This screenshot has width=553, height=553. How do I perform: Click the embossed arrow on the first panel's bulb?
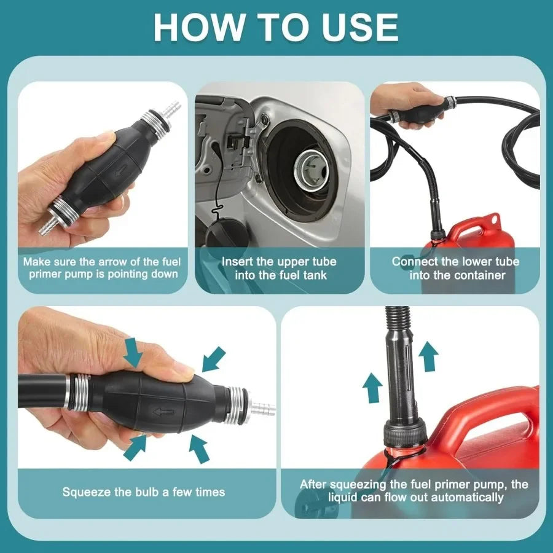click(x=120, y=173)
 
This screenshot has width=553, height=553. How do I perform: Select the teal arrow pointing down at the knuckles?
click(x=133, y=351)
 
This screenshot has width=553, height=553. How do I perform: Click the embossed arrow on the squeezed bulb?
click(x=163, y=412)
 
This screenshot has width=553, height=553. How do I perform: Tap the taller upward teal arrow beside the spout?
click(x=428, y=356)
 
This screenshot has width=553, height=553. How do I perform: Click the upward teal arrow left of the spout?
click(x=372, y=388)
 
